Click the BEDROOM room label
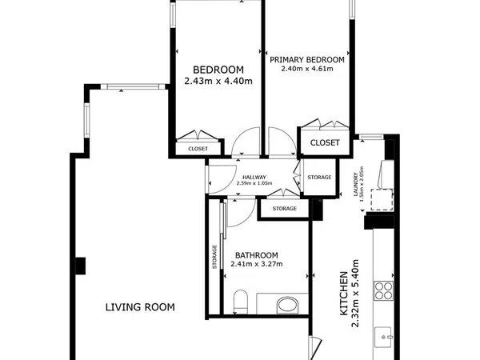click(218, 70)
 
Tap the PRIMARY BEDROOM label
click(307, 60)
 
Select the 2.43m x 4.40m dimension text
click(218, 81)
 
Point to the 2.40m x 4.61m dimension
click(307, 69)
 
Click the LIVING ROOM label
click(140, 307)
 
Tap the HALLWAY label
click(254, 178)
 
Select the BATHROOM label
click(257, 255)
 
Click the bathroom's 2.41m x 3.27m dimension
click(257, 264)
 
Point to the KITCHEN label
click(344, 294)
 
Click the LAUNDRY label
click(356, 184)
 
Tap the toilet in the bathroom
click(241, 302)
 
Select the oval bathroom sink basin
click(287, 306)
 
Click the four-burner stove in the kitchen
click(383, 290)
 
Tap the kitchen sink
click(383, 337)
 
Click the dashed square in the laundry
click(382, 199)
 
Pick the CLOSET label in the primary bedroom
click(325, 142)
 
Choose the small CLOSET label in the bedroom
click(198, 149)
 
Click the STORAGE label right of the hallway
click(319, 178)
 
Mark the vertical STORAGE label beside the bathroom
click(214, 257)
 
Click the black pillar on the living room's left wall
click(81, 266)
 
